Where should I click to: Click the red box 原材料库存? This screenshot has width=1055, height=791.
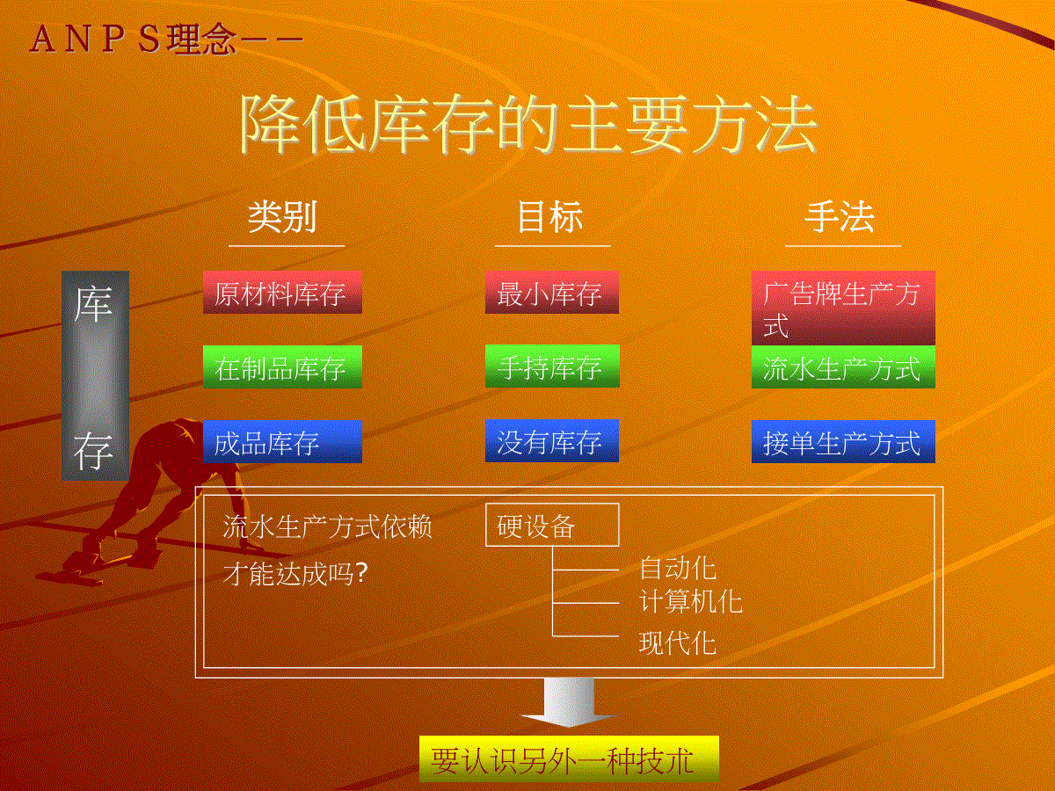click(x=282, y=292)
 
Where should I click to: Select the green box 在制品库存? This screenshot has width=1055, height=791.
click(x=282, y=366)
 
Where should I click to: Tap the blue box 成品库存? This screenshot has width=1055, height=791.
click(x=282, y=441)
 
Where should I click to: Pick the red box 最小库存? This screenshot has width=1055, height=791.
click(x=552, y=292)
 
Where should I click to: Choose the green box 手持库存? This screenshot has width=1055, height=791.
click(x=552, y=366)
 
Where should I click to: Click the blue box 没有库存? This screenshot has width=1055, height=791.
click(x=552, y=441)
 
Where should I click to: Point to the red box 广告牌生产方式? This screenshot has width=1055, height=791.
click(x=843, y=308)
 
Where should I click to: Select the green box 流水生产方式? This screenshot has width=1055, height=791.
click(x=843, y=366)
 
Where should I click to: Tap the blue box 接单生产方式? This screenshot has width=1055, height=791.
click(x=843, y=441)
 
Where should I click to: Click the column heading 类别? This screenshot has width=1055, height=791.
click(x=282, y=217)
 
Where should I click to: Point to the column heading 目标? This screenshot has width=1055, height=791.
click(x=549, y=217)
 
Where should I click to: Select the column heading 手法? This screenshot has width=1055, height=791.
click(x=840, y=217)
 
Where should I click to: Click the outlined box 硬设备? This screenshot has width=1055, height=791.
click(x=552, y=525)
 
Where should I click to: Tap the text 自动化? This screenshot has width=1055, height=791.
click(x=678, y=568)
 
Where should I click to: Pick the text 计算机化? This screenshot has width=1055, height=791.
click(x=691, y=601)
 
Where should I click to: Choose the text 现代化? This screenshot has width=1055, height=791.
click(x=678, y=642)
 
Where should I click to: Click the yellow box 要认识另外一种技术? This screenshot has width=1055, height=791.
click(x=569, y=758)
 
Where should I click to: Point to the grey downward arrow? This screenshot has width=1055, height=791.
click(x=569, y=702)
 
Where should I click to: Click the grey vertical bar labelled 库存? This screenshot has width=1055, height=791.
click(x=95, y=375)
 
